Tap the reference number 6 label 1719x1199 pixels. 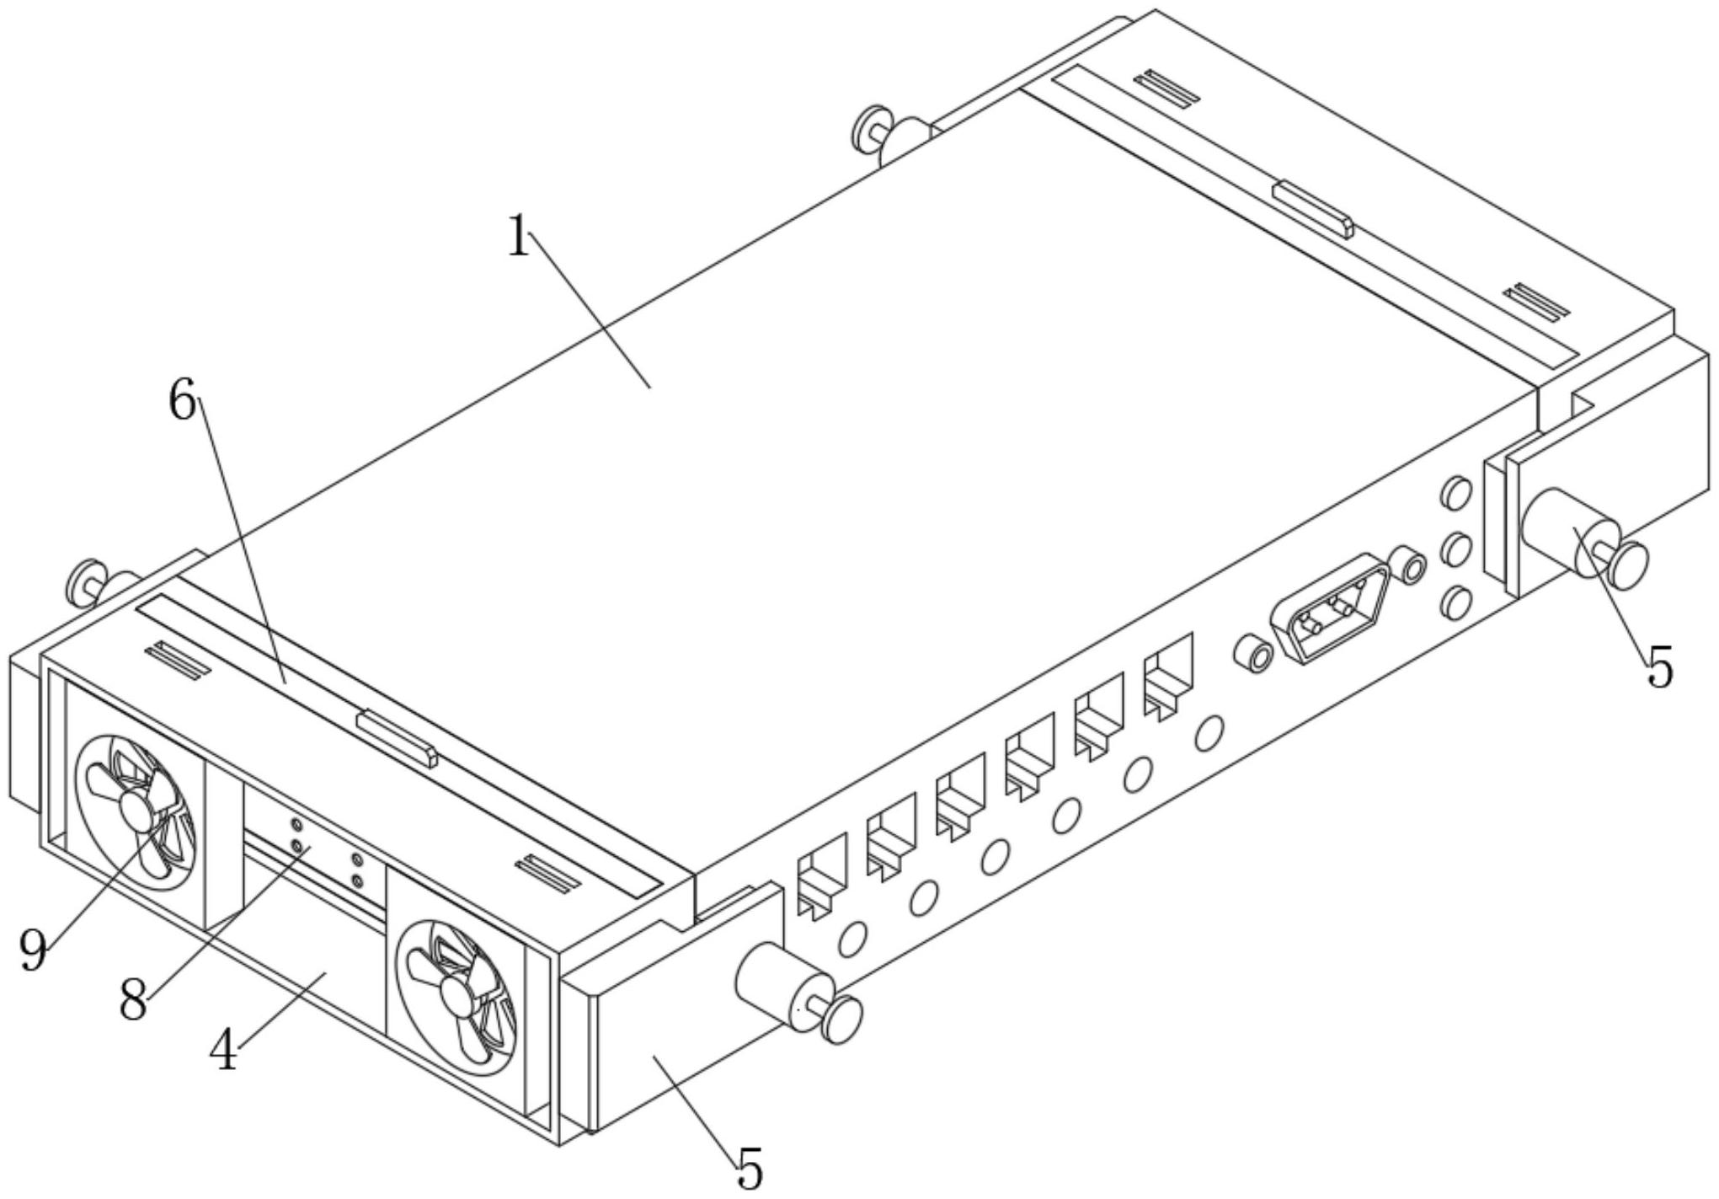point(182,401)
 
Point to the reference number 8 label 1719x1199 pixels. point(133,1002)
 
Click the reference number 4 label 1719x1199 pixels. point(224,1052)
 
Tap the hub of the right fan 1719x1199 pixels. point(457,997)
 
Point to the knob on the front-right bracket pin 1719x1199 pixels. point(843,1020)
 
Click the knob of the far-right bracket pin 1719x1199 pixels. point(1629,564)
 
